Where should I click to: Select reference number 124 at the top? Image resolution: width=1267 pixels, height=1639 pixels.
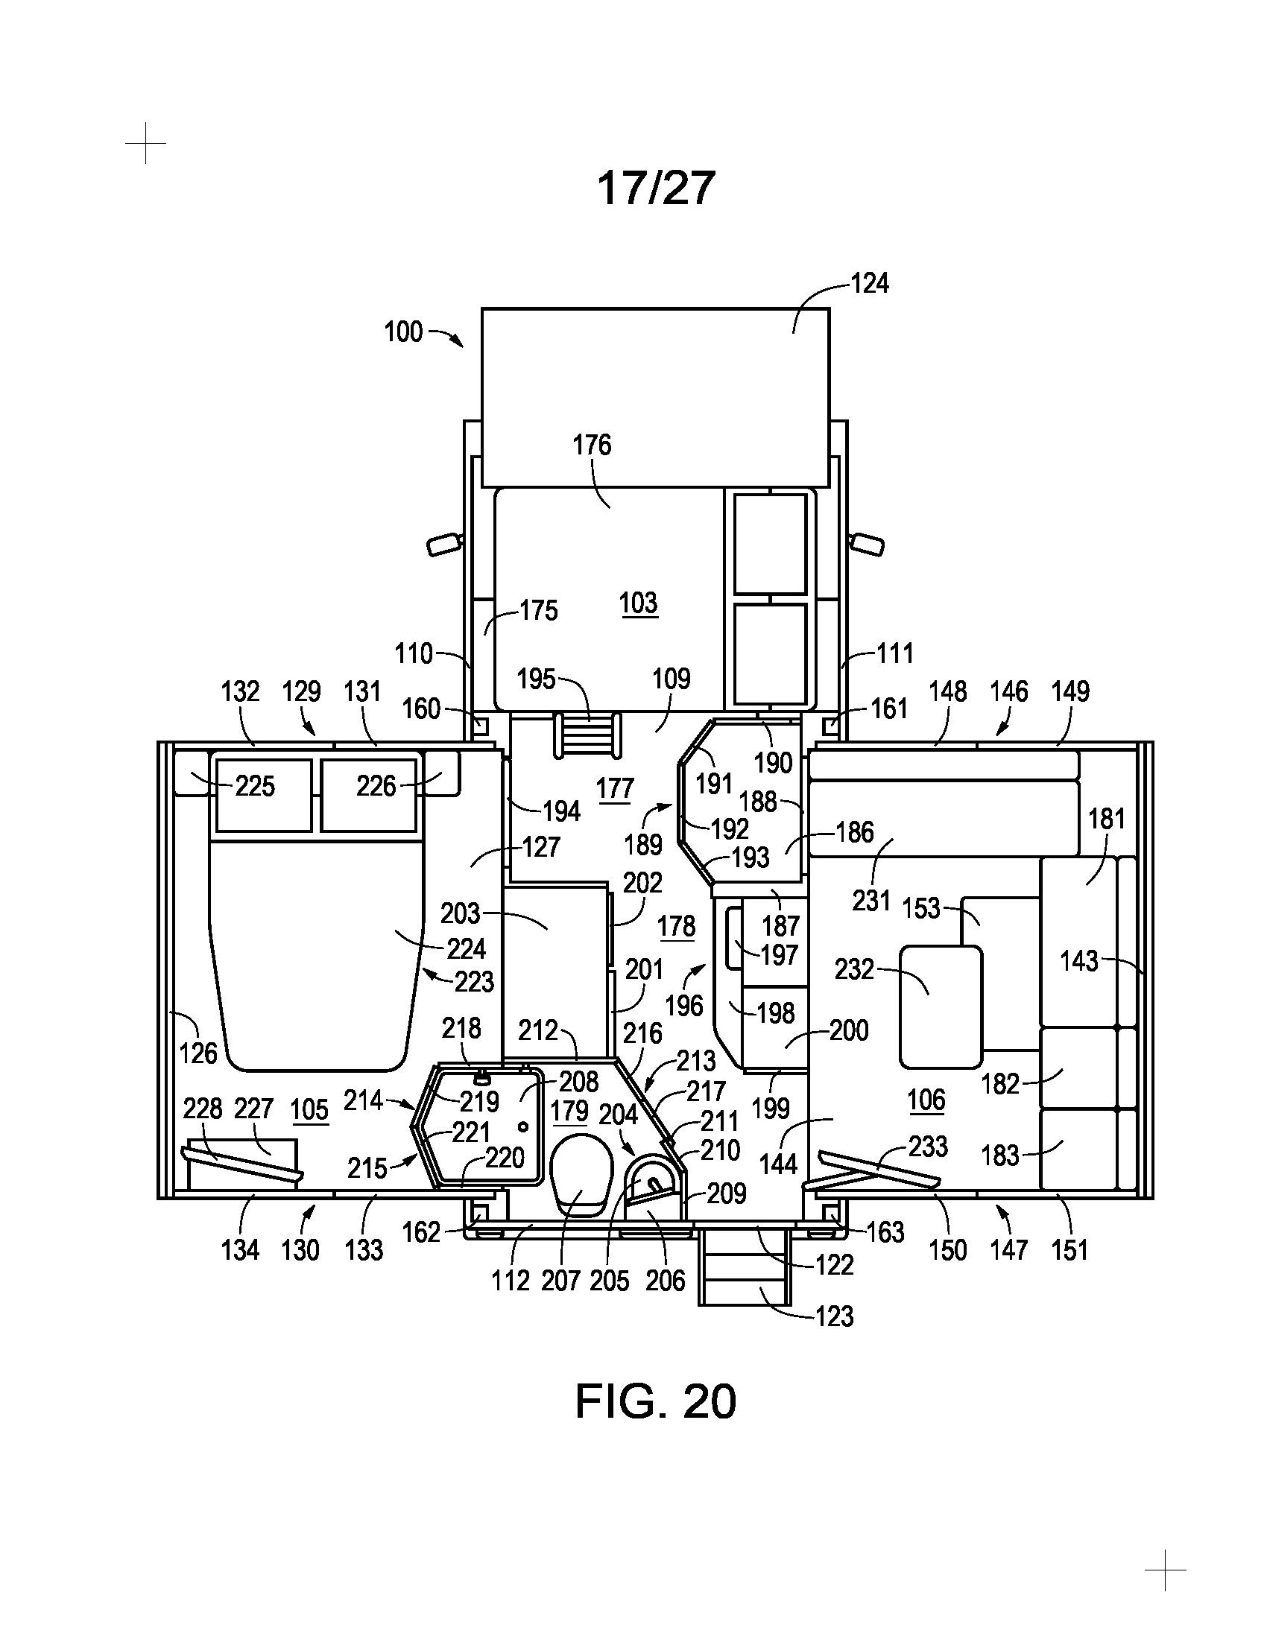click(x=869, y=283)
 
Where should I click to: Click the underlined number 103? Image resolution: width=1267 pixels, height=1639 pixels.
click(x=639, y=603)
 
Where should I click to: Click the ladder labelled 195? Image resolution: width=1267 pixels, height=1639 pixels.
click(x=588, y=735)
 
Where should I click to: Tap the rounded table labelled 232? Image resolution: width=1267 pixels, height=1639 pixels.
click(x=941, y=1006)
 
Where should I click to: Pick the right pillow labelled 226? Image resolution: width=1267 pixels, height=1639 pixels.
click(x=367, y=795)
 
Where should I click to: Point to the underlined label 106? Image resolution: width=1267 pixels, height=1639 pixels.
click(x=926, y=1101)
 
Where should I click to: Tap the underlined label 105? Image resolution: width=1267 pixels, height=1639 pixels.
click(x=309, y=1110)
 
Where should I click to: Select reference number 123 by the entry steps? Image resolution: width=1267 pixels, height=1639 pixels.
click(x=834, y=1316)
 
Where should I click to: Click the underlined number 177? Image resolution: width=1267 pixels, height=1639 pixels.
click(x=615, y=789)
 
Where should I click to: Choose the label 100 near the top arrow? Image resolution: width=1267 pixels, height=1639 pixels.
click(x=403, y=332)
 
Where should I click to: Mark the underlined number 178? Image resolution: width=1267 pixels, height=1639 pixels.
click(x=676, y=927)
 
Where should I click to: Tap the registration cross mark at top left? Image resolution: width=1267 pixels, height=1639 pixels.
click(x=145, y=142)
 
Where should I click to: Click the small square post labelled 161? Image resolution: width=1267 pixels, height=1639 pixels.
click(x=831, y=726)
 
